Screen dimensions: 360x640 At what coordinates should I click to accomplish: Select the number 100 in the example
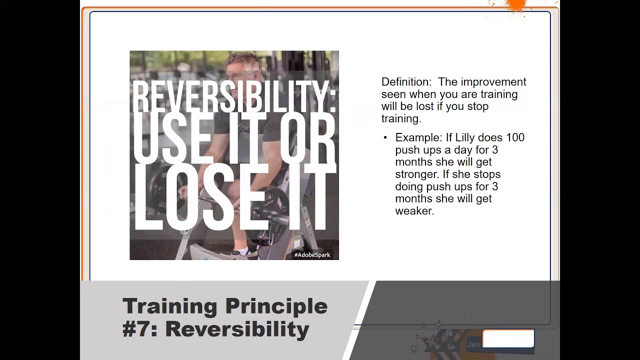[x=515, y=137]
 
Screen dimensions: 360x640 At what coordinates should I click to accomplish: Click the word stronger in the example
[x=415, y=174]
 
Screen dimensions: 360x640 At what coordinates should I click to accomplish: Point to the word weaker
[x=414, y=211]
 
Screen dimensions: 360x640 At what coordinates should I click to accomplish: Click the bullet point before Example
[x=385, y=137]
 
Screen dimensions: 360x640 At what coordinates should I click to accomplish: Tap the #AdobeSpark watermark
[x=312, y=255]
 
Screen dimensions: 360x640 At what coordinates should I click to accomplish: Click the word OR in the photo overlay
[x=307, y=138]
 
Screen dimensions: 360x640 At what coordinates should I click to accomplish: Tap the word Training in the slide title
[x=169, y=306]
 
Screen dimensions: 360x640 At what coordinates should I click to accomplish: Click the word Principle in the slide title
[x=276, y=306]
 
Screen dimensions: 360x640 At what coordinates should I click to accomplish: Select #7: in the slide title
[x=140, y=329]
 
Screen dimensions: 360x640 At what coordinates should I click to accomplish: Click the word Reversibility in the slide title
[x=237, y=329]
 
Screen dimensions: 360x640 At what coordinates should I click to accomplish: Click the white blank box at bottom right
[x=508, y=338]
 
